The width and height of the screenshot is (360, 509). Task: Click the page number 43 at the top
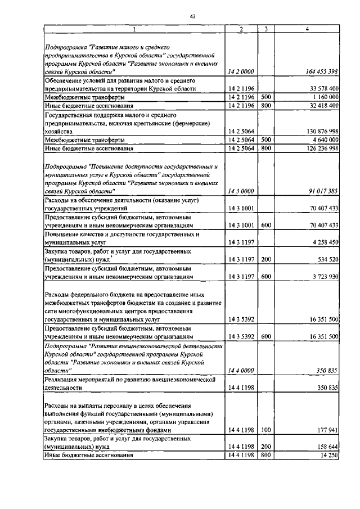pyautogui.click(x=192, y=17)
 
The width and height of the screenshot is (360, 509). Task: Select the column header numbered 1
pyautogui.click(x=134, y=29)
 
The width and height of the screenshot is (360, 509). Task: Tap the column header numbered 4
pyautogui.click(x=307, y=29)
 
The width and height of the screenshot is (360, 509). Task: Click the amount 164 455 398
pyautogui.click(x=316, y=71)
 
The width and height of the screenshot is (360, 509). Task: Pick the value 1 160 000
pyautogui.click(x=320, y=97)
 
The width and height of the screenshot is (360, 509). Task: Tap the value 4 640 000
pyautogui.click(x=320, y=139)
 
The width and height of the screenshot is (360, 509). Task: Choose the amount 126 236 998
pyautogui.click(x=317, y=148)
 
